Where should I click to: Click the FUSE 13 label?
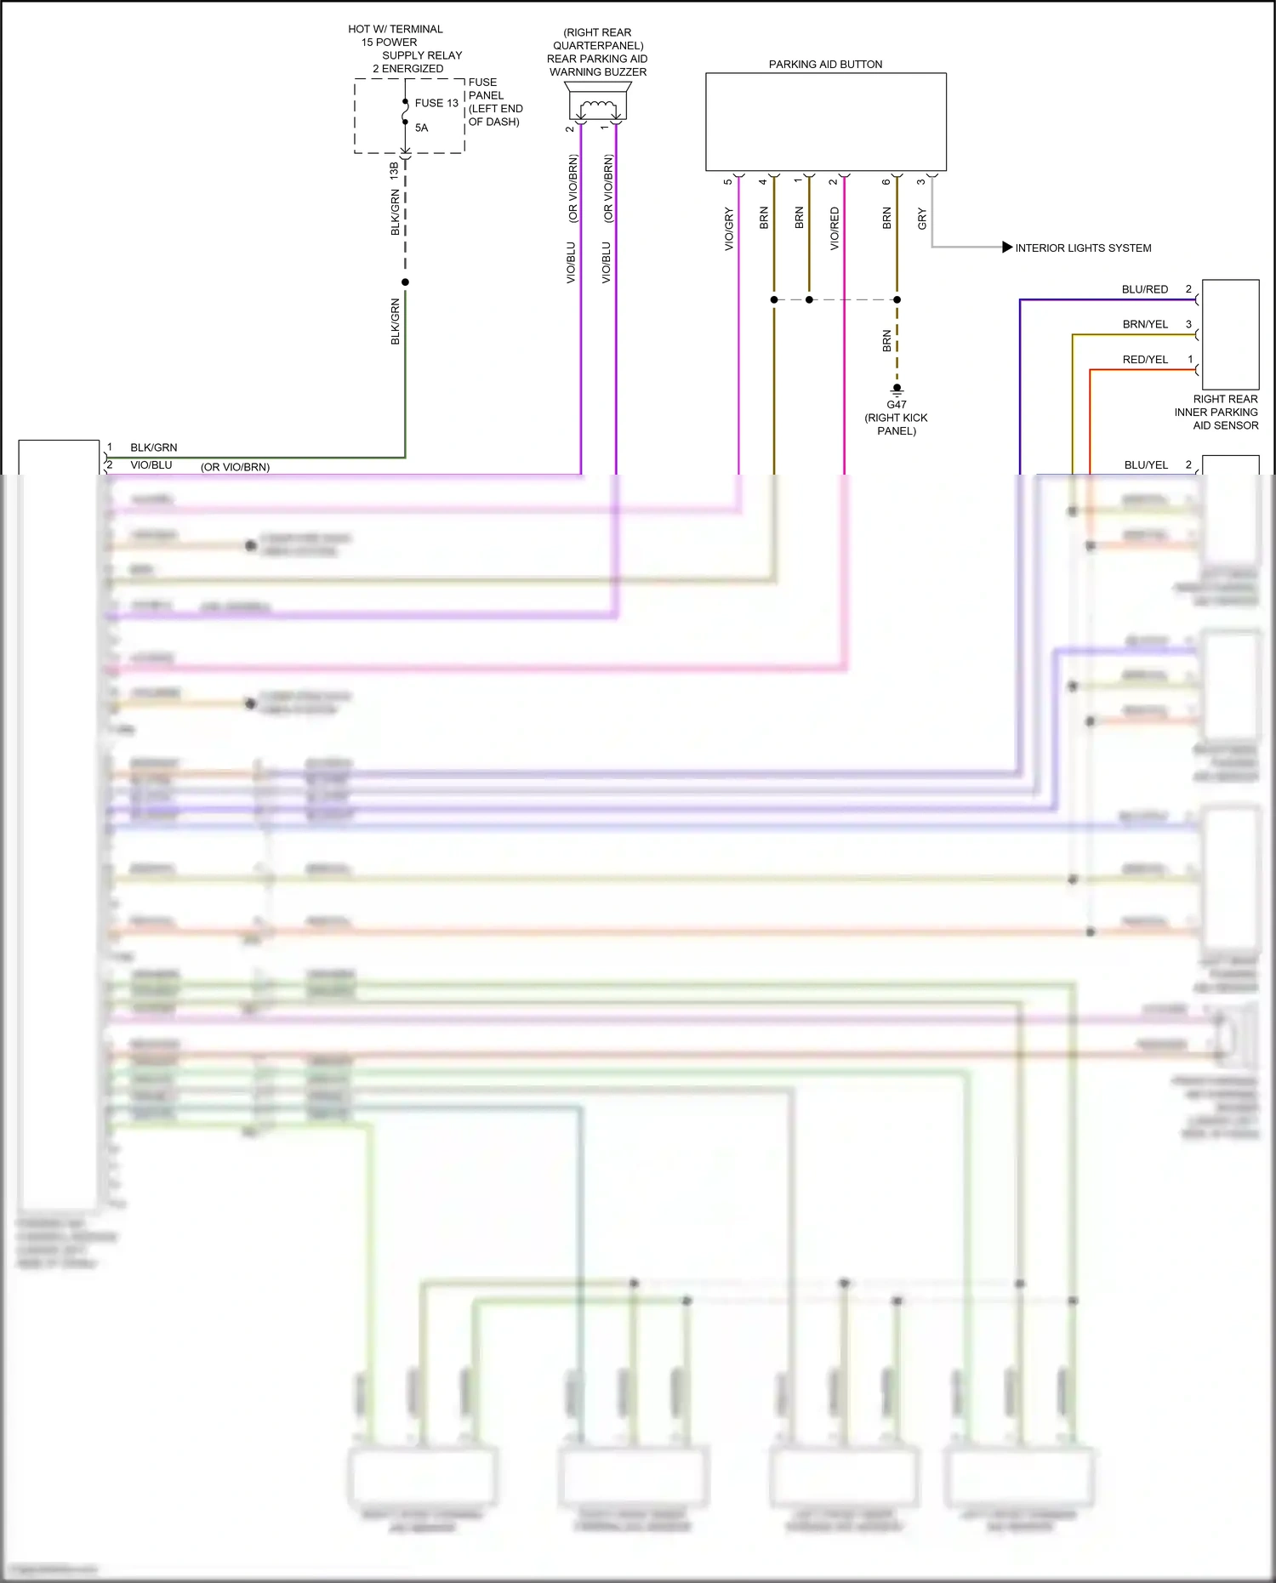pyautogui.click(x=436, y=103)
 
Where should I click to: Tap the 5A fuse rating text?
pyautogui.click(x=421, y=128)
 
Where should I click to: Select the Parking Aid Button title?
pyautogui.click(x=825, y=65)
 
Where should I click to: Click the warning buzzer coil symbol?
pyautogui.click(x=598, y=107)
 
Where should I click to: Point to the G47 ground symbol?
pyautogui.click(x=897, y=391)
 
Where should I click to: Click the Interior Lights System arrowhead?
pyautogui.click(x=1007, y=248)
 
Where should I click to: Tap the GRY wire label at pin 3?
pyautogui.click(x=922, y=219)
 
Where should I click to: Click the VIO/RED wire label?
pyautogui.click(x=835, y=229)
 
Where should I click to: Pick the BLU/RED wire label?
pyautogui.click(x=1144, y=290)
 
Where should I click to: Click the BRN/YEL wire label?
pyautogui.click(x=1144, y=325)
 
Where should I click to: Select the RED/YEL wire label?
pyautogui.click(x=1144, y=360)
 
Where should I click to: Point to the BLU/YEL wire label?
pyautogui.click(x=1146, y=465)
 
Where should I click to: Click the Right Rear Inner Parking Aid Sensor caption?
pyautogui.click(x=1216, y=413)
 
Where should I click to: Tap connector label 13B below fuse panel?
pyautogui.click(x=394, y=170)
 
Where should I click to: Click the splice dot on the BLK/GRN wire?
pyautogui.click(x=405, y=282)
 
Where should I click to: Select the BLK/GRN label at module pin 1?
pyautogui.click(x=153, y=447)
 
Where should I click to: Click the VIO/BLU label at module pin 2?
pyautogui.click(x=151, y=465)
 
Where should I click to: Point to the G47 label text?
pyautogui.click(x=897, y=405)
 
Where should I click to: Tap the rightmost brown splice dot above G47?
pyautogui.click(x=897, y=299)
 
